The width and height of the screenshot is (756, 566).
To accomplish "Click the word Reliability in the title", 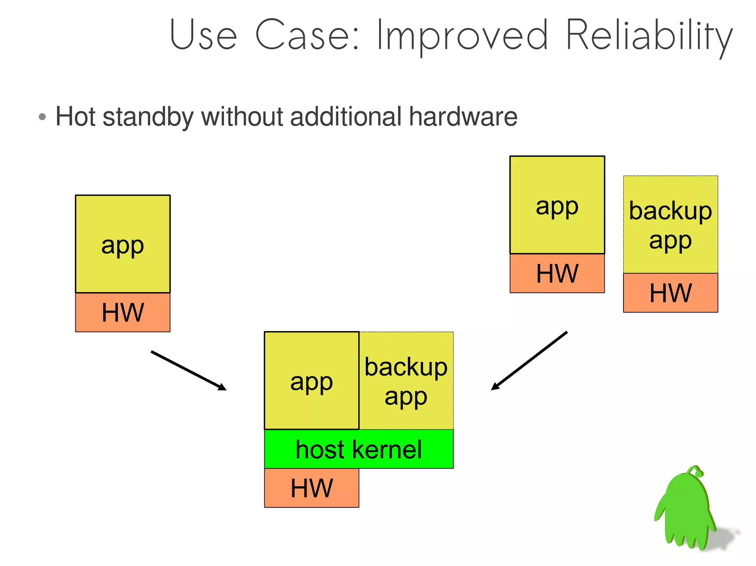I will (x=649, y=36).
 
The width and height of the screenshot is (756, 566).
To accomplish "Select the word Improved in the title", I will (x=462, y=36).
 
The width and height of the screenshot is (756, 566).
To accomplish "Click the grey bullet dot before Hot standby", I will (x=42, y=117).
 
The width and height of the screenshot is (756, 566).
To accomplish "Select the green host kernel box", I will (x=358, y=449).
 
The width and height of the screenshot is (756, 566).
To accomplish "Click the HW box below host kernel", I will (x=312, y=488).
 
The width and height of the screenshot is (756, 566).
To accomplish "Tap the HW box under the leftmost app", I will (x=123, y=312).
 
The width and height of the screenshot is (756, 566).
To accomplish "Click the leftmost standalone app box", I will (x=123, y=244).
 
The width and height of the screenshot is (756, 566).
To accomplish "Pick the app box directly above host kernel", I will (x=312, y=381).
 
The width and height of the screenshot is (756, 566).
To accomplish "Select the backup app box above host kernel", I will (x=406, y=381).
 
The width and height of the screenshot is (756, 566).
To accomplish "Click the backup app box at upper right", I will (x=670, y=225).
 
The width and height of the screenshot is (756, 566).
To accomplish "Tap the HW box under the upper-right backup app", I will (x=670, y=293).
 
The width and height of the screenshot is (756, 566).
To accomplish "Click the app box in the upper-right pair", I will (x=557, y=205).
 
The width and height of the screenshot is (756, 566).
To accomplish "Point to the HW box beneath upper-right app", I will (x=557, y=273).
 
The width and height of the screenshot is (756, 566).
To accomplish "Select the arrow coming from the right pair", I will (x=529, y=361).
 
